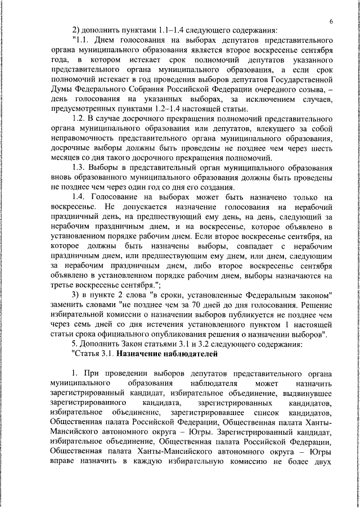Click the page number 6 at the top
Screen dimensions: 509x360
point(332,21)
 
